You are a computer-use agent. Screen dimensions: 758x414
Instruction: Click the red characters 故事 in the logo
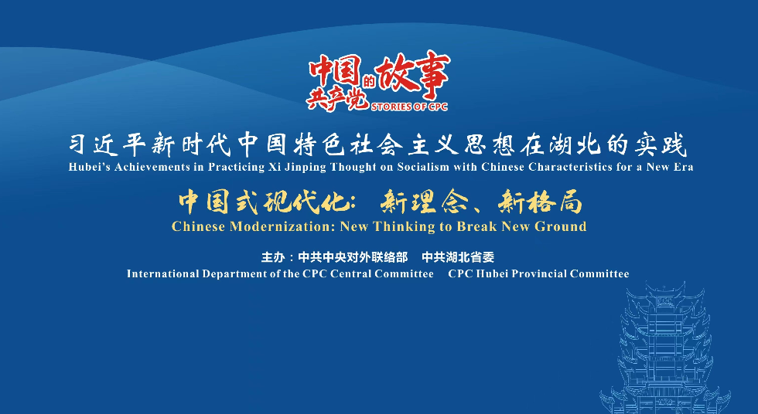(x=413, y=76)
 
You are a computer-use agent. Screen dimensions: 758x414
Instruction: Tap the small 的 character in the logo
(x=370, y=81)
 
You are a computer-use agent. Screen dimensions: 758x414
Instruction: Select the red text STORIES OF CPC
(x=409, y=107)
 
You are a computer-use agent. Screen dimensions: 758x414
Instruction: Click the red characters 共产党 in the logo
(x=337, y=99)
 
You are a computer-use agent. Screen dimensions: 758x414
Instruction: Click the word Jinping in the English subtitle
(x=306, y=168)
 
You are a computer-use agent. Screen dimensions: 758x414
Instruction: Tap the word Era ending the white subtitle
(x=683, y=167)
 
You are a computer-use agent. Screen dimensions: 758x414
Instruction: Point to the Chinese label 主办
(x=273, y=257)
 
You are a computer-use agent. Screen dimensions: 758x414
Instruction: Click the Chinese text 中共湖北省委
(x=458, y=257)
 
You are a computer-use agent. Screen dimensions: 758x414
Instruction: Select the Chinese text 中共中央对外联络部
(x=353, y=257)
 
